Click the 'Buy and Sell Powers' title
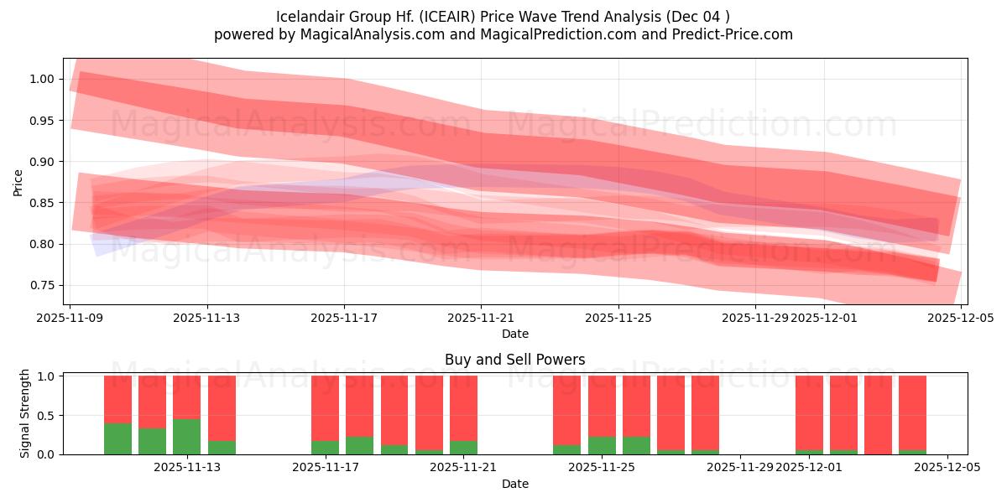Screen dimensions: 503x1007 point(514,360)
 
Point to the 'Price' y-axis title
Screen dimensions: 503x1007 point(18,182)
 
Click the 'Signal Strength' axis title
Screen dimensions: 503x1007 point(25,413)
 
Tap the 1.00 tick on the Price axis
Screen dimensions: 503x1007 point(42,80)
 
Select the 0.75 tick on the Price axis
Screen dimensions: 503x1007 point(42,285)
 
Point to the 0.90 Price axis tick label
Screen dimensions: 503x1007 point(42,162)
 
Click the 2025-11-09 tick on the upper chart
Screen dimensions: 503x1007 point(70,319)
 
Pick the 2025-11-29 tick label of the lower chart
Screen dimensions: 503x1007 point(740,468)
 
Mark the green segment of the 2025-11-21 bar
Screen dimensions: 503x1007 point(463,448)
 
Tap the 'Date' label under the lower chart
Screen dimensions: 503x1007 point(514,484)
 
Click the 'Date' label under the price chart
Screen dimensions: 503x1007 point(514,334)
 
